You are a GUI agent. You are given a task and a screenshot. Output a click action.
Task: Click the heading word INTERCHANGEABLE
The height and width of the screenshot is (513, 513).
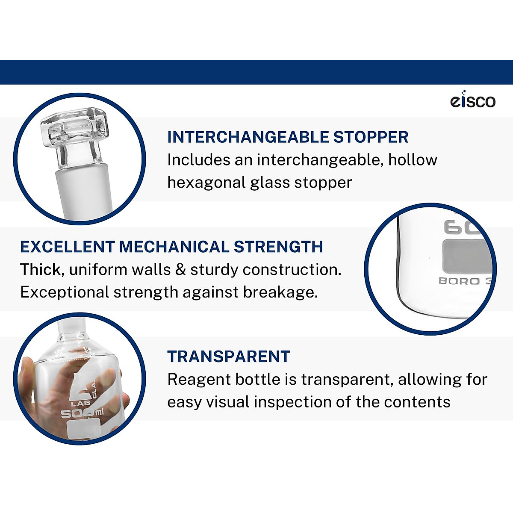tap(248, 137)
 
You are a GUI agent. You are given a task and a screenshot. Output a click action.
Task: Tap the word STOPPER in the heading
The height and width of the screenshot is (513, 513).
tap(371, 137)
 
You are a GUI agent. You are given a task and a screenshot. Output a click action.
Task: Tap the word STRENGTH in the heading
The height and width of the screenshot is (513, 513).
tap(278, 247)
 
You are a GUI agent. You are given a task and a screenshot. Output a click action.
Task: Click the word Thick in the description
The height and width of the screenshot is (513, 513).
tap(40, 270)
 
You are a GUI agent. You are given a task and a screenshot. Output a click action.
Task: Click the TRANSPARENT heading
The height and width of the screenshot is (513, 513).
tap(229, 357)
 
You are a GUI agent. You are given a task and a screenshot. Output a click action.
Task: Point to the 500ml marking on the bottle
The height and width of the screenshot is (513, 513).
tap(82, 413)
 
